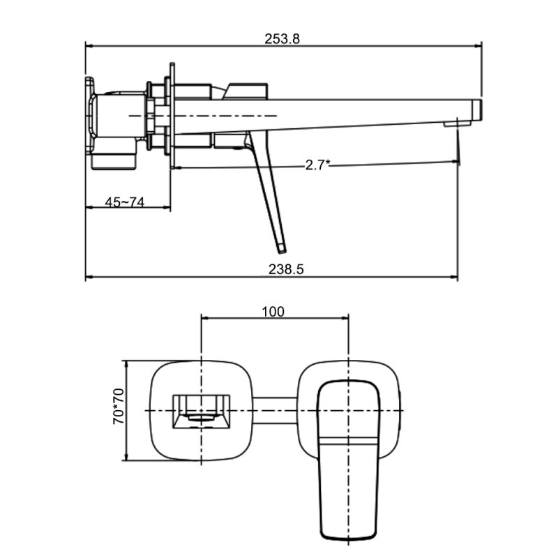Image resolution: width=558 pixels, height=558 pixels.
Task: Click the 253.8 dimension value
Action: point(282,38)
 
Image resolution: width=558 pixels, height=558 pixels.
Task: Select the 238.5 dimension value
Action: point(286,269)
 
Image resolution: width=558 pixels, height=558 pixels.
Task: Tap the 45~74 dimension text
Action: point(125,202)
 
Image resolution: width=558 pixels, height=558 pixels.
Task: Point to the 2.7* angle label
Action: point(318,165)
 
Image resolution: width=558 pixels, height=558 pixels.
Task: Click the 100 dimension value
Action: point(273,312)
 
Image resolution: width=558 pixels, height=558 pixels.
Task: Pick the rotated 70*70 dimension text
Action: point(119,406)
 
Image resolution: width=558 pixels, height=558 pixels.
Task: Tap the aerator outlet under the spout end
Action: point(457,124)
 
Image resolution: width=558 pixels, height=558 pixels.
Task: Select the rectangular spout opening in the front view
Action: point(202,412)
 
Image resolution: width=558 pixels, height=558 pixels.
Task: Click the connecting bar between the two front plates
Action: point(275,411)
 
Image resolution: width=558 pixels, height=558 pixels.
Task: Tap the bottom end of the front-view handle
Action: point(348,537)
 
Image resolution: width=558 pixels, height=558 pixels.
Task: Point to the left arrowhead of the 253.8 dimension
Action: point(89,46)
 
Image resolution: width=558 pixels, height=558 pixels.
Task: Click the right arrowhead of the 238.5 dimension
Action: point(454,276)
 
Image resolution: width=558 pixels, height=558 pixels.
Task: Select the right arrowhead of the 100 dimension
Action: point(345,318)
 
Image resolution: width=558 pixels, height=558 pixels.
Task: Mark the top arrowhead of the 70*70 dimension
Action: point(126,364)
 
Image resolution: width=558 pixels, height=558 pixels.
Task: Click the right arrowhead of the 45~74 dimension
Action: point(167,207)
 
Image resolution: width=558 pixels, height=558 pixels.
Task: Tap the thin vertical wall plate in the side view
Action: point(172,116)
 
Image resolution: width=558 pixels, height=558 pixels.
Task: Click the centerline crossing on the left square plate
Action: point(202,411)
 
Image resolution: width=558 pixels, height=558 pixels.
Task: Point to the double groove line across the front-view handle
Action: point(348,442)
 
